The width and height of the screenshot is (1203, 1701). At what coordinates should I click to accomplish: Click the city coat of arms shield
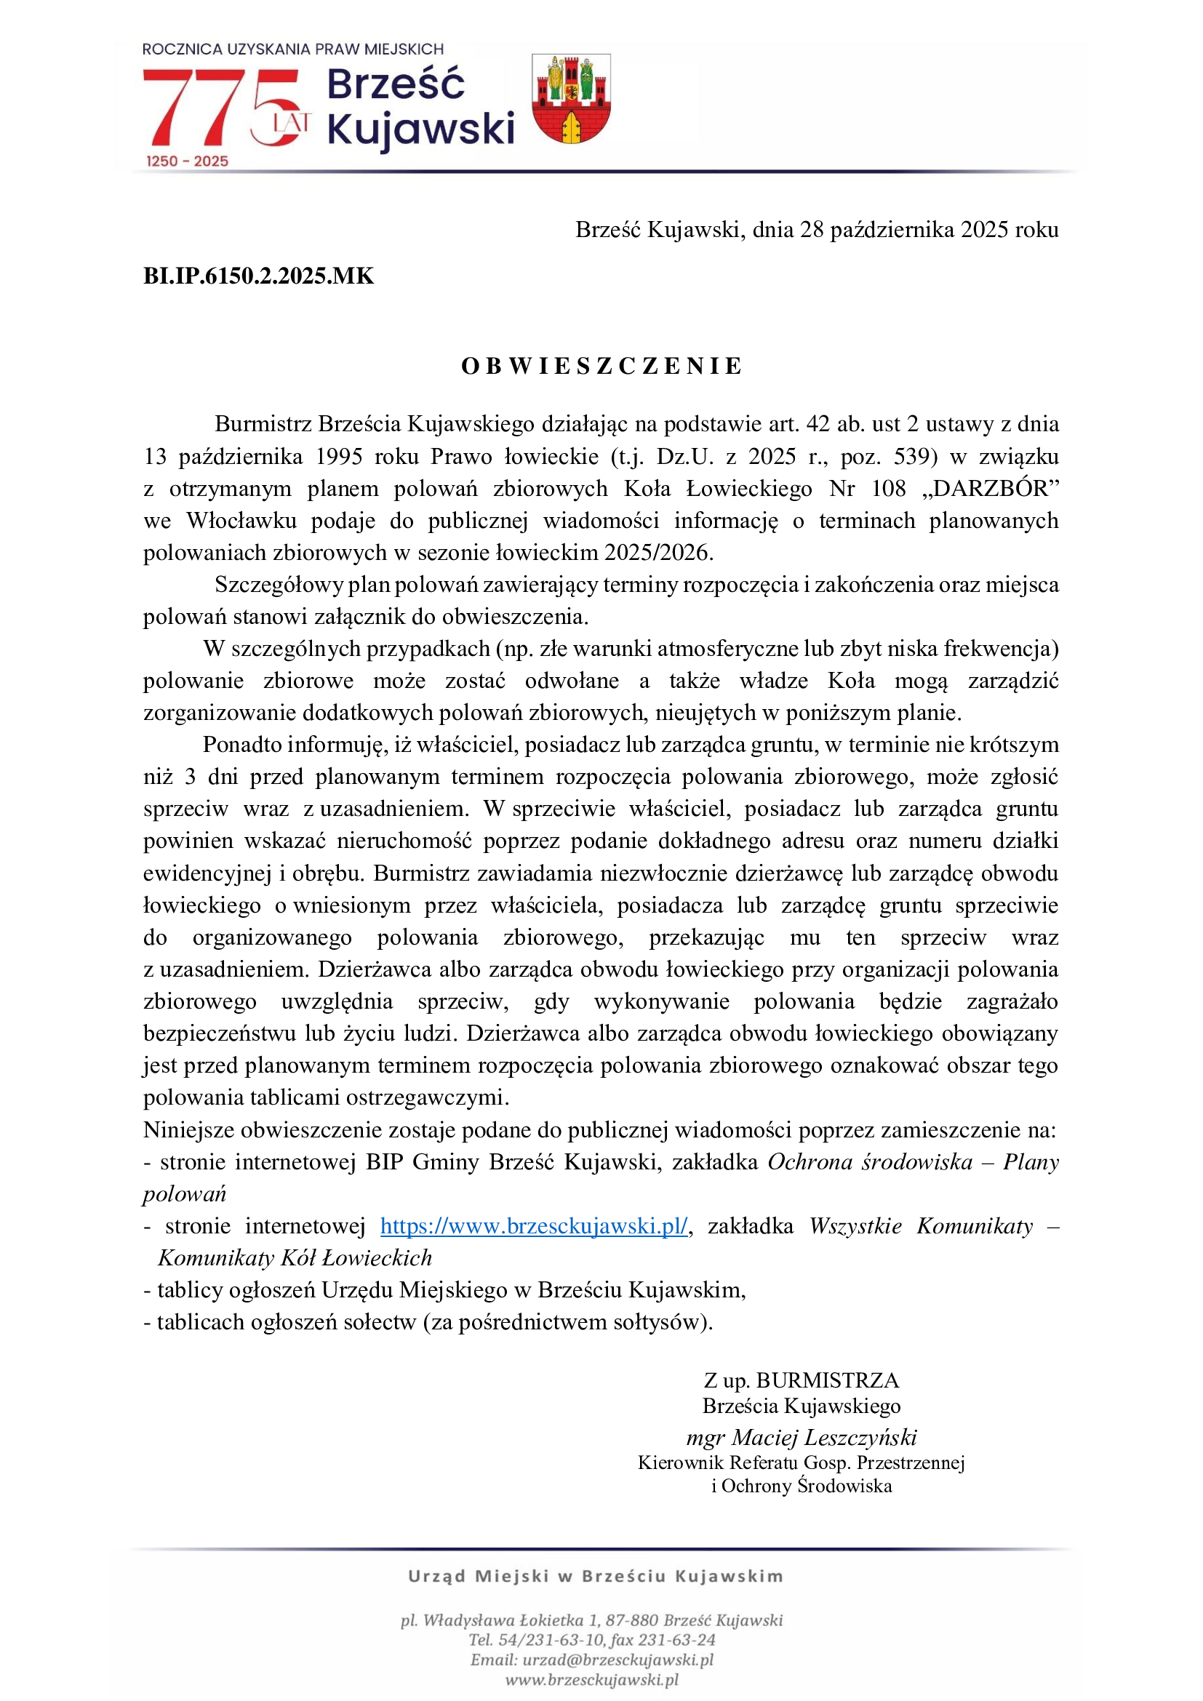[x=571, y=98]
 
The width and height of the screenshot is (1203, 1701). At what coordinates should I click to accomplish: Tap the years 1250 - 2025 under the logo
[x=187, y=161]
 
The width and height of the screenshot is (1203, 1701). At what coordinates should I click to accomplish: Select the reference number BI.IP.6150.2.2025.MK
[x=258, y=276]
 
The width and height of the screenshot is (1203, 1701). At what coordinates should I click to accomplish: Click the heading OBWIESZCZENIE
[x=601, y=366]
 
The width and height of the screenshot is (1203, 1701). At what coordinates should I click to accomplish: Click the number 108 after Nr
[x=887, y=489]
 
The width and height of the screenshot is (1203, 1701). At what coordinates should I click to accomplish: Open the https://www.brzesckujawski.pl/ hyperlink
[x=534, y=1226]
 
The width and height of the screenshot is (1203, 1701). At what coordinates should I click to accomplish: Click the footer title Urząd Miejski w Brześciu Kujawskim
[x=596, y=1576]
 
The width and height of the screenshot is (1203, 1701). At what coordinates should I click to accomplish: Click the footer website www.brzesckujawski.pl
[x=592, y=1679]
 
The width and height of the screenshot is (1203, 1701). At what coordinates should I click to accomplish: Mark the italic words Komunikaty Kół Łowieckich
[x=295, y=1258]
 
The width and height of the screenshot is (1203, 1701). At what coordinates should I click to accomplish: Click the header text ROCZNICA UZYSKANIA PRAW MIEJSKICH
[x=292, y=49]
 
